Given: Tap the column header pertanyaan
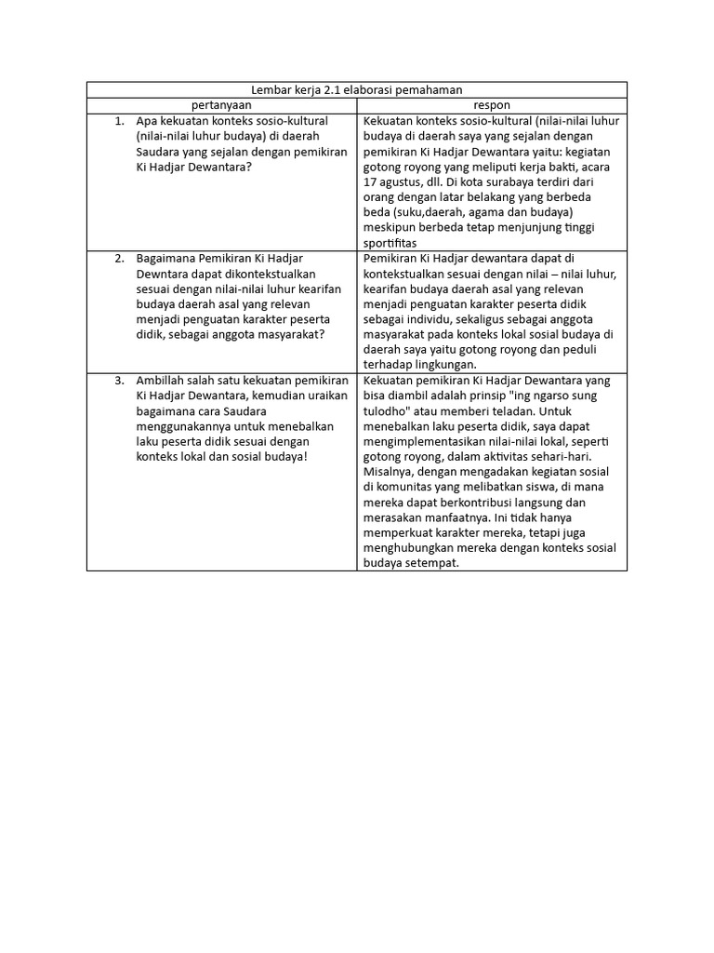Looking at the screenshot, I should [x=221, y=105].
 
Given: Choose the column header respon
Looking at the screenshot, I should [x=492, y=105].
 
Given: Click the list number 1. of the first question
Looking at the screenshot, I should [x=119, y=121].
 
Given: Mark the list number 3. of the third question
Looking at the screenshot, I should [x=119, y=382].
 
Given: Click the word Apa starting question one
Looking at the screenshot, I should [x=147, y=121].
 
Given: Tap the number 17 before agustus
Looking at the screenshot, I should [x=372, y=182].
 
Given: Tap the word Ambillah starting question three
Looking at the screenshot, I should [x=160, y=382].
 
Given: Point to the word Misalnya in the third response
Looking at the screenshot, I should [x=389, y=472].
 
